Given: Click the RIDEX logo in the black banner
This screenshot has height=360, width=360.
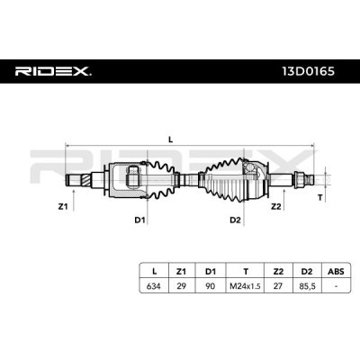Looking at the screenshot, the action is point(53,71).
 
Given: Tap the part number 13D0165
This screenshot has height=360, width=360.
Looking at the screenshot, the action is point(308,71).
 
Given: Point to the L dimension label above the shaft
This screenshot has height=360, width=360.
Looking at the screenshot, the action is point(171,139).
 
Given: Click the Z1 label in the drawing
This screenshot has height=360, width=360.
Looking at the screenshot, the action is point(63,206).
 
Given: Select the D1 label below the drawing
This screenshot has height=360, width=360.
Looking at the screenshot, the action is point(139,220).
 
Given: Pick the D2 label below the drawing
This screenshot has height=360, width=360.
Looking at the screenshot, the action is point(235,220).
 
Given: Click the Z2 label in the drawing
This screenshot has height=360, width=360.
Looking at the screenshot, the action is point(275,206).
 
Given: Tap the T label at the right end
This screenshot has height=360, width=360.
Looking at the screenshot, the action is point(320,198).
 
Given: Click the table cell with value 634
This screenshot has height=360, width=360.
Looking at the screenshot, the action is point(154,286).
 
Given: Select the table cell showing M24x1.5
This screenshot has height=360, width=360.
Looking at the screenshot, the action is point(245,286).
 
